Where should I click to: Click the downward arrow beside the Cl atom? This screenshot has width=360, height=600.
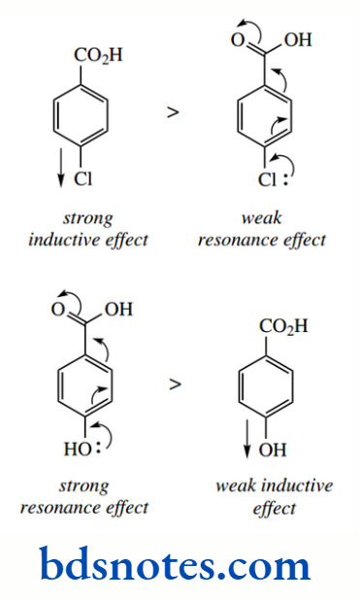click(61, 166)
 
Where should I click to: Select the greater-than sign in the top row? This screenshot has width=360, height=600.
click(173, 112)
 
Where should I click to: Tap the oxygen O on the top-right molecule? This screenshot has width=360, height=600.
click(236, 40)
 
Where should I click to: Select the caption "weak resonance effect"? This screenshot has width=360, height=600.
click(262, 229)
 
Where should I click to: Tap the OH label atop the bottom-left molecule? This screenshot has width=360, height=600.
click(118, 311)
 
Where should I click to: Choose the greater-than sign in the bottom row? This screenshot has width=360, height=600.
click(175, 383)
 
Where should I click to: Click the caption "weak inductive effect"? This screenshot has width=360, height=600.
click(274, 496)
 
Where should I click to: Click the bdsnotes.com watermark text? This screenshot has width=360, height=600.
click(176, 564)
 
